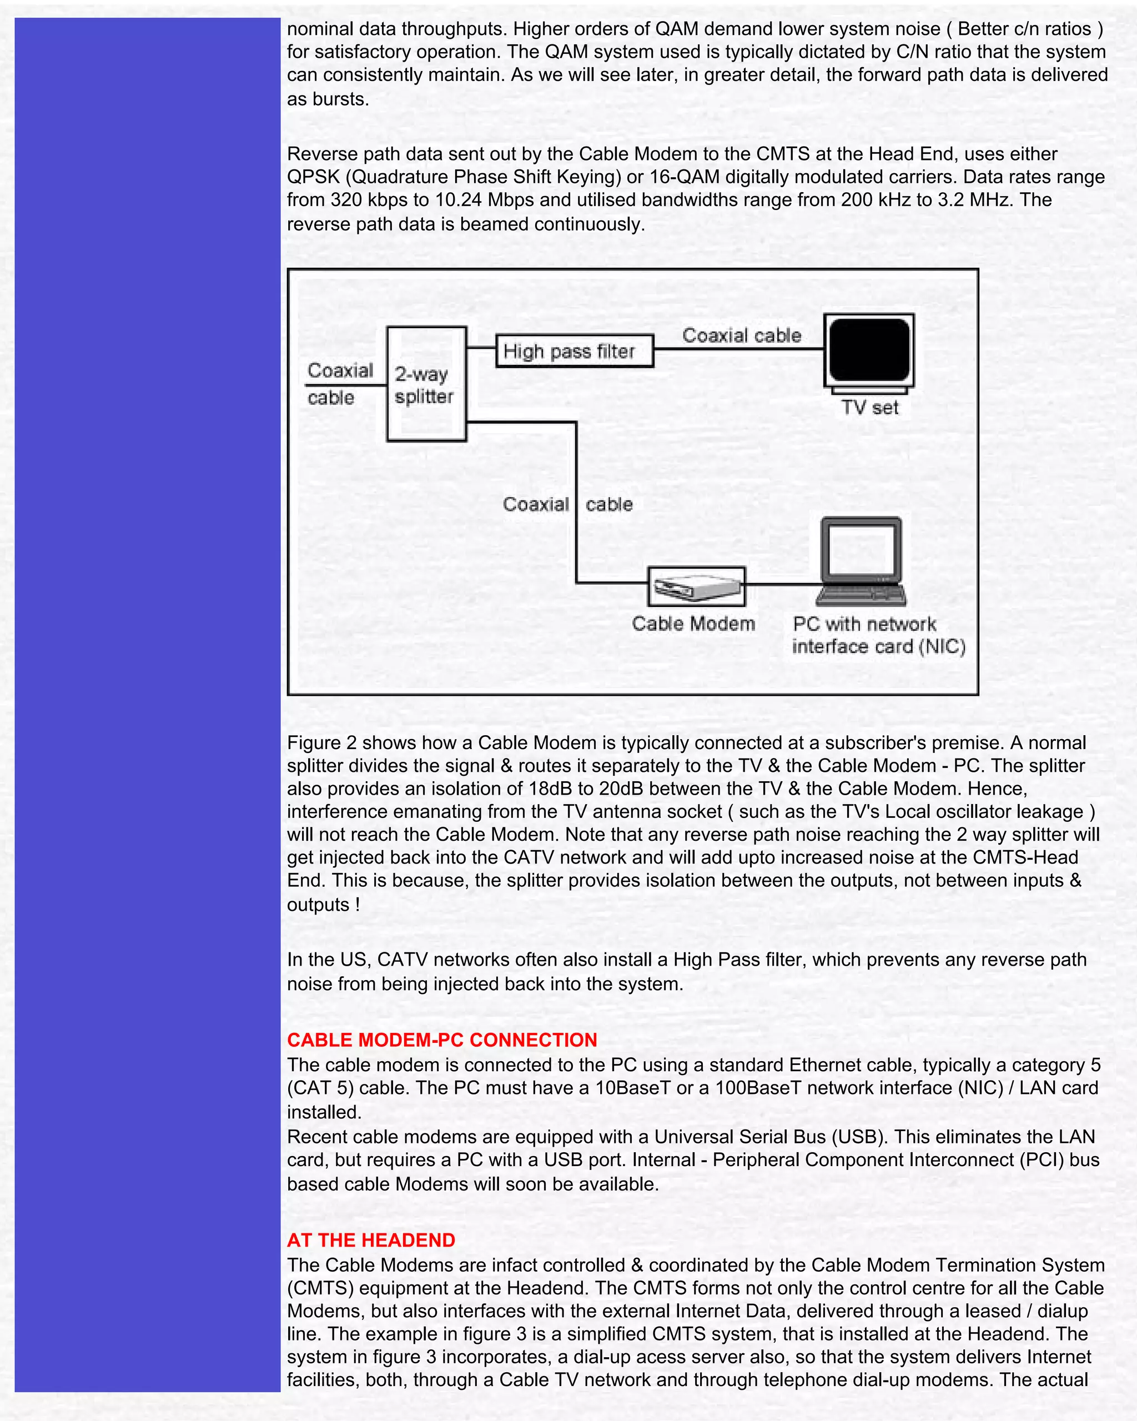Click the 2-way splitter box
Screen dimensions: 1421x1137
426,384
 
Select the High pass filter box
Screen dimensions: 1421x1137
574,350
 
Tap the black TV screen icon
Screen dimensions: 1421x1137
869,350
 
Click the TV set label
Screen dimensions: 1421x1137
870,408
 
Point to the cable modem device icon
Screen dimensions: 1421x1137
696,586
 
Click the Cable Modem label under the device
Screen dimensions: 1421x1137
693,624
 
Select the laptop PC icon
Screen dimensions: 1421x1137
862,561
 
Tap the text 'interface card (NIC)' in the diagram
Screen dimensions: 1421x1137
879,646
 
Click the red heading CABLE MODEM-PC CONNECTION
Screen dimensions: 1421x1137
441,1040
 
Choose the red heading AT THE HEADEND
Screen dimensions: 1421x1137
371,1241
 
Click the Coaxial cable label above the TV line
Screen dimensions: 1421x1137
742,335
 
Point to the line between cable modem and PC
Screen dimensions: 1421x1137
783,584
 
